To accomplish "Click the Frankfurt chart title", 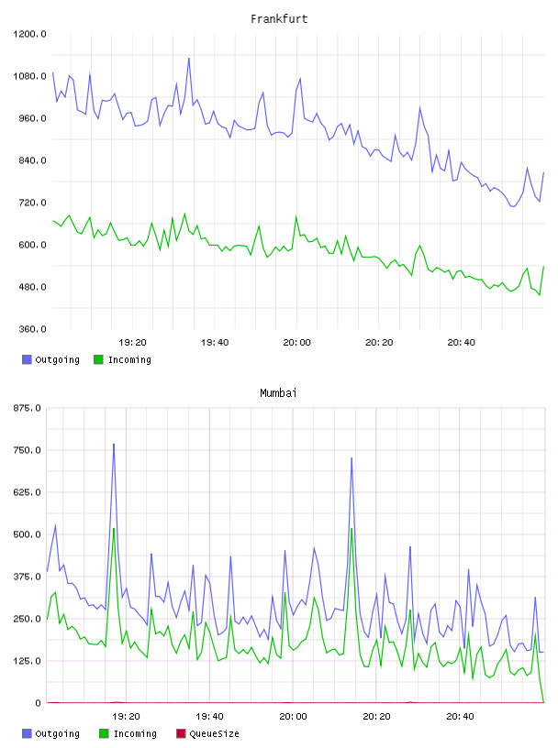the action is [279, 18].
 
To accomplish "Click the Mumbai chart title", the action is [278, 392].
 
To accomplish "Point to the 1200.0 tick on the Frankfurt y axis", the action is [29, 34].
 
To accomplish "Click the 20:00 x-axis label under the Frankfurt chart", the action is [296, 343].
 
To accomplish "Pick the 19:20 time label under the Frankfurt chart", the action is [132, 343].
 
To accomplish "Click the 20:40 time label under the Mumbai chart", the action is [460, 717].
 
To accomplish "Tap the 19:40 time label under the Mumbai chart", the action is [210, 717].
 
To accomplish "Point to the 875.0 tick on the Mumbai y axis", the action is [28, 408].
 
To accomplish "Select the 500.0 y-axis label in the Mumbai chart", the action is [28, 534].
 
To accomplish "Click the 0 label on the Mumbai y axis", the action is [38, 703].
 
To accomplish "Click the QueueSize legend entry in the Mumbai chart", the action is [214, 733].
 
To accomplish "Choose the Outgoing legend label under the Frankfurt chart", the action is [57, 359].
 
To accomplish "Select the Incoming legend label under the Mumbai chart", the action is [135, 733].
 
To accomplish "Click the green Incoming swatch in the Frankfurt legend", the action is [98, 359].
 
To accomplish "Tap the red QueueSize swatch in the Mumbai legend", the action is [181, 733].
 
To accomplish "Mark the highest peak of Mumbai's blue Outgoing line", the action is [114, 444].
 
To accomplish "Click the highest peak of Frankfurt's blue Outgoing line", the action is [189, 58].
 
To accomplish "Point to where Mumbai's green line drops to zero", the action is [543, 702].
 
